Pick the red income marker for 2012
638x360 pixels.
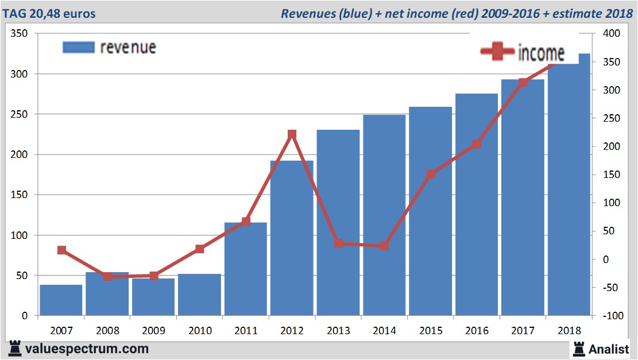point(292,134)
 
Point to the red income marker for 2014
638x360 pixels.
point(384,246)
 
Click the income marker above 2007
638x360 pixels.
point(61,250)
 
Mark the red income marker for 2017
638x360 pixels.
point(523,83)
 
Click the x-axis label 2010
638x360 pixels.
point(199,331)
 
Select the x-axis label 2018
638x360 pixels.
point(569,331)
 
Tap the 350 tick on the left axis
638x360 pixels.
point(20,34)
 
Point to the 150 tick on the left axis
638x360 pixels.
point(20,195)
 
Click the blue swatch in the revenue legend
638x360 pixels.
point(78,47)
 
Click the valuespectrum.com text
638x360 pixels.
point(86,349)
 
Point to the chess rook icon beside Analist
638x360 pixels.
point(578,348)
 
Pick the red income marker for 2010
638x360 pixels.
point(199,249)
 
